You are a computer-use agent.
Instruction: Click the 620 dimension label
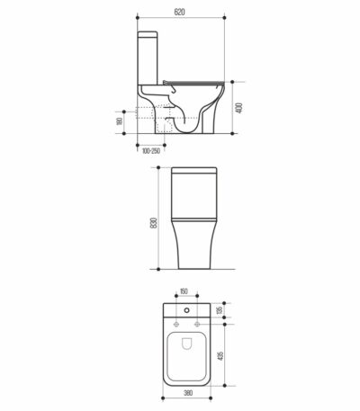click(x=179, y=12)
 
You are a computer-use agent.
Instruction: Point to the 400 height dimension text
click(x=239, y=108)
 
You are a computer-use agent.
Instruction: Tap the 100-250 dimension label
click(x=151, y=151)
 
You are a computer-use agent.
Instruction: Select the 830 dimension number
click(x=153, y=223)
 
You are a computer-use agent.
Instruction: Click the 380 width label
click(x=188, y=393)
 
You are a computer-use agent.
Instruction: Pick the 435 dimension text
click(x=220, y=355)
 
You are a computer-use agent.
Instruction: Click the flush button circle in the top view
click(x=187, y=310)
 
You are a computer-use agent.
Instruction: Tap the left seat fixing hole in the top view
click(x=176, y=324)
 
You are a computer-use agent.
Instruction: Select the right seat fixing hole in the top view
click(x=197, y=324)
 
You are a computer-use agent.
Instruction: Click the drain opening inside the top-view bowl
click(x=187, y=344)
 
